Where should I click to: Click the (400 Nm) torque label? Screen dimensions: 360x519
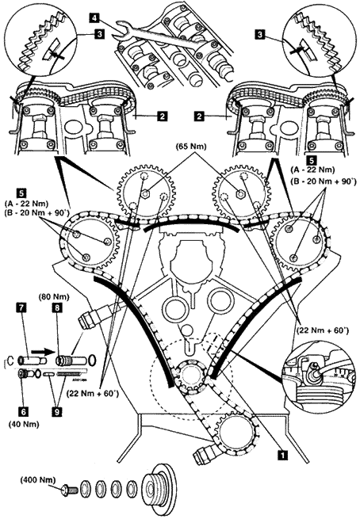[x=38, y=479]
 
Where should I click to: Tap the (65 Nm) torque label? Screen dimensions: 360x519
[x=191, y=147]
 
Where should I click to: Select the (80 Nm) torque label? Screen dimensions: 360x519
[x=54, y=297]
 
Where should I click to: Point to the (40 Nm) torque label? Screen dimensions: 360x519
[x=24, y=424]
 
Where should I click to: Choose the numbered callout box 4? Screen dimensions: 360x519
[x=94, y=18]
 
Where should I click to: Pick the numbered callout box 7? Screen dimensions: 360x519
[x=22, y=308]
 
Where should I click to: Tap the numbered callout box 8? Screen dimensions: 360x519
[x=57, y=308]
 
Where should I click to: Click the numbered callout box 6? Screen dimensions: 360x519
[x=23, y=411]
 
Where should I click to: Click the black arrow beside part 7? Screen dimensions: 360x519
[x=40, y=351]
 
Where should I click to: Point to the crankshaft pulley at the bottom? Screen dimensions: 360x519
[x=159, y=490]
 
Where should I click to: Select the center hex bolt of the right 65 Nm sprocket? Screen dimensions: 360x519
[x=240, y=194]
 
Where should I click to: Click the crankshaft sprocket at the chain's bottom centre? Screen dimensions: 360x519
[x=189, y=377]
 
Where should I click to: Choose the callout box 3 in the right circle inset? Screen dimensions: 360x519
[x=262, y=34]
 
